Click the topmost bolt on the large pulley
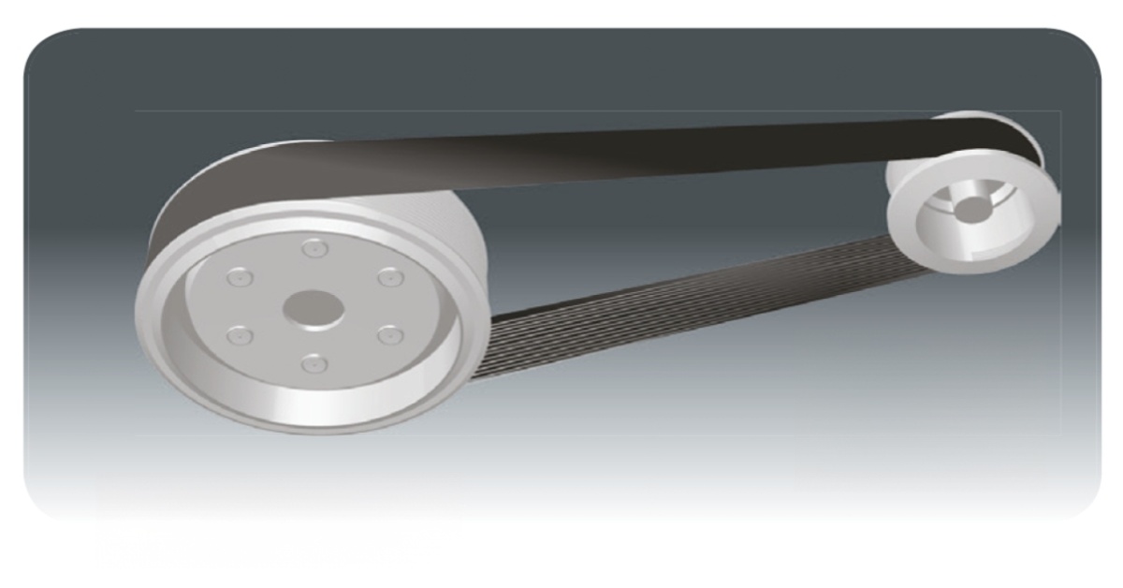coord(313,248)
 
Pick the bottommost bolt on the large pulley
coord(315,362)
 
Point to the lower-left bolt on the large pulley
coord(241,333)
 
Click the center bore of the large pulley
coord(312,307)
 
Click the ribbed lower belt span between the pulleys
coord(683,290)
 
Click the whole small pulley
coord(973,206)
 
